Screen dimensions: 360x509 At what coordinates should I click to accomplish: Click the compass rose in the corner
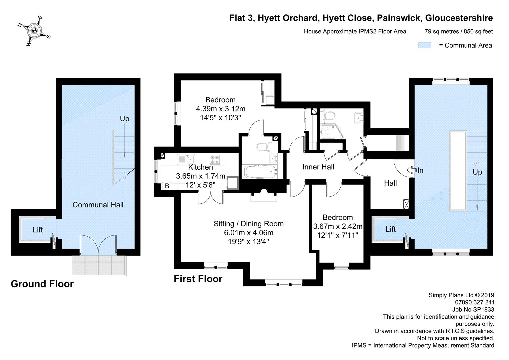(x=34, y=31)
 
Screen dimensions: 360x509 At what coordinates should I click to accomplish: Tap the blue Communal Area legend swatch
(x=424, y=45)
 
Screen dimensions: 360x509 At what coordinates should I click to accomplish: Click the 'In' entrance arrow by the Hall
(x=412, y=170)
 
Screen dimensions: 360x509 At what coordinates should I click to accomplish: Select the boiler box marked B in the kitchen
(x=167, y=186)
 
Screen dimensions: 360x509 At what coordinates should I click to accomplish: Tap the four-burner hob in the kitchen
(x=214, y=159)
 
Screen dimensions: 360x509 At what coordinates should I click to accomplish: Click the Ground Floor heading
(x=42, y=284)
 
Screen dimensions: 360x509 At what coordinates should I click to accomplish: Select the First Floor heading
(x=198, y=279)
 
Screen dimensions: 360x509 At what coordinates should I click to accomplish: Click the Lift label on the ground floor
(x=38, y=230)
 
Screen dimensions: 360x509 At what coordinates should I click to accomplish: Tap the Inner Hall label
(x=318, y=167)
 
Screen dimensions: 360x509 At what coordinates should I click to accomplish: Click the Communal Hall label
(x=98, y=205)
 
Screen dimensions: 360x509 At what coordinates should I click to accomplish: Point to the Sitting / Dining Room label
(x=248, y=224)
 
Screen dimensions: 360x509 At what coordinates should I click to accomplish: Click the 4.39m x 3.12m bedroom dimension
(x=220, y=109)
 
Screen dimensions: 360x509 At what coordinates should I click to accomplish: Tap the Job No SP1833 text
(x=473, y=309)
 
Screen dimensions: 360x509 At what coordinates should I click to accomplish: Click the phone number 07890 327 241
(x=474, y=302)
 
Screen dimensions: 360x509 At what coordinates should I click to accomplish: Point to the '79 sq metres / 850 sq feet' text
(x=458, y=32)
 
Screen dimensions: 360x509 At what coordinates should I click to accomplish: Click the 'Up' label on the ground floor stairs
(x=124, y=119)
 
